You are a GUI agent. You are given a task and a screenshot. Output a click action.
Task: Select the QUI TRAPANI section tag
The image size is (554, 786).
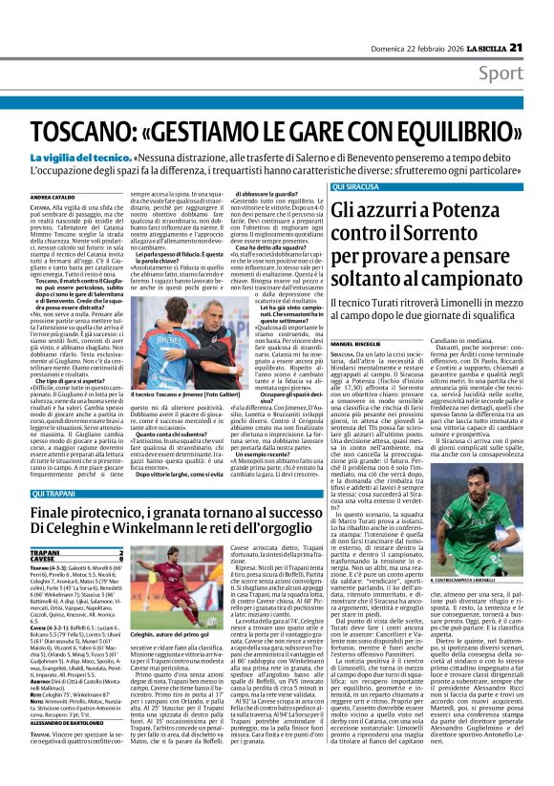point(82,493)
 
